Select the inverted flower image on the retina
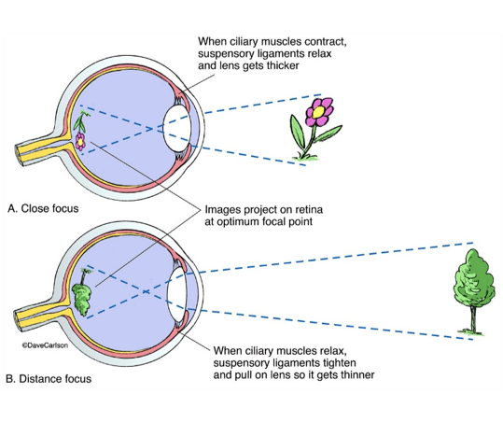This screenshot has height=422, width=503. point(83,131)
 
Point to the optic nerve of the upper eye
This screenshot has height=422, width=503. point(33,148)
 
